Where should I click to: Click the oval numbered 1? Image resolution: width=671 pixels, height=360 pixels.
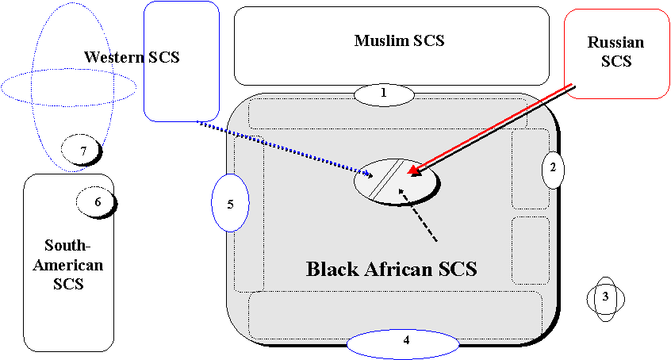pyautogui.click(x=384, y=94)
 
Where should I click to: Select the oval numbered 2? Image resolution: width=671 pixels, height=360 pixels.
pyautogui.click(x=553, y=168)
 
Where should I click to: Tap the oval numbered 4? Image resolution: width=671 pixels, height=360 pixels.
pyautogui.click(x=404, y=343)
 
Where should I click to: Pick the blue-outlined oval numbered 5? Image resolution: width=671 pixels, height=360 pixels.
pyautogui.click(x=231, y=203)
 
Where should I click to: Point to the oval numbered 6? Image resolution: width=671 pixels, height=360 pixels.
pyautogui.click(x=95, y=202)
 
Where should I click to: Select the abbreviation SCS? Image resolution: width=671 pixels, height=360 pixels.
pyautogui.click(x=458, y=269)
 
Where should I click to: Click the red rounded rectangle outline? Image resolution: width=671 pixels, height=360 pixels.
pyautogui.click(x=615, y=54)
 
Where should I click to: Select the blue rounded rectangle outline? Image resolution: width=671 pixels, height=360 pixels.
pyautogui.click(x=182, y=61)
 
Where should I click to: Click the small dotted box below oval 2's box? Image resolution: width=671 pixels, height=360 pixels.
pyautogui.click(x=530, y=250)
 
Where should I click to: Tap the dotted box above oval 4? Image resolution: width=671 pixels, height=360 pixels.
pyautogui.click(x=395, y=315)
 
